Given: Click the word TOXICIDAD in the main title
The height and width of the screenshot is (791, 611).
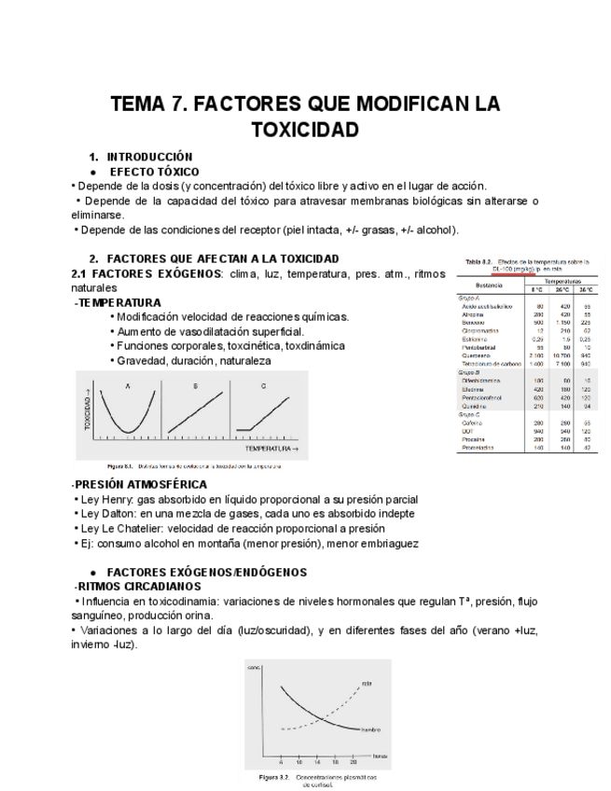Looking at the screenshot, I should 305,129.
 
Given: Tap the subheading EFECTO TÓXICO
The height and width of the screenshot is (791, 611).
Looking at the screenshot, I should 154,172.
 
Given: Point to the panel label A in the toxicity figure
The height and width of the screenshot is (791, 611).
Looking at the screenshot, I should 127,385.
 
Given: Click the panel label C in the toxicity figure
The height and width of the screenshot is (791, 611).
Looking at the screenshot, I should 263,385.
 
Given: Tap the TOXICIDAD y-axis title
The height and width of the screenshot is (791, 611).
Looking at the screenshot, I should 90,411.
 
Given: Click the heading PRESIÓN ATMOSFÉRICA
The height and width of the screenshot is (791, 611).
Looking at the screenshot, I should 141,485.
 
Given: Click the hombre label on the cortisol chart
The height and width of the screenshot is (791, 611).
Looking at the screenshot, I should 371,729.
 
